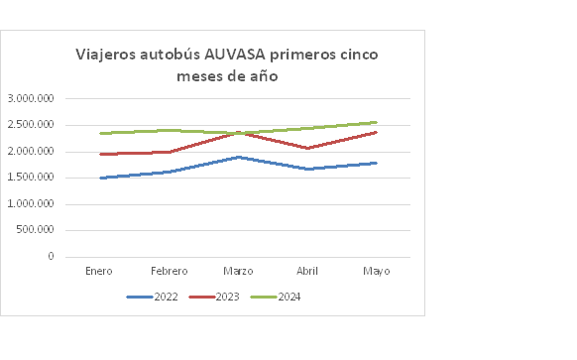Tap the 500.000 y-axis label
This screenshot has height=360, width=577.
pos(35,230)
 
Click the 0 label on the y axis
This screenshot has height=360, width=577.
pos(50,257)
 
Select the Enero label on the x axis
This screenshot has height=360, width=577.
pos(99,271)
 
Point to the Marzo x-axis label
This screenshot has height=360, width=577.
pos(238,271)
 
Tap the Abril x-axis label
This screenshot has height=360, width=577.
pos(307,271)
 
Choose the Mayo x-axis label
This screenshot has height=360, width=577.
pos(377,271)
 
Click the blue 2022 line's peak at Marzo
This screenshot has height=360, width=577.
pos(238,157)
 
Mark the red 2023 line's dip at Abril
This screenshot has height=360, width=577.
pos(307,149)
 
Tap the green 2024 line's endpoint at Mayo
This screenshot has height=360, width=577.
pos(377,122)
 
